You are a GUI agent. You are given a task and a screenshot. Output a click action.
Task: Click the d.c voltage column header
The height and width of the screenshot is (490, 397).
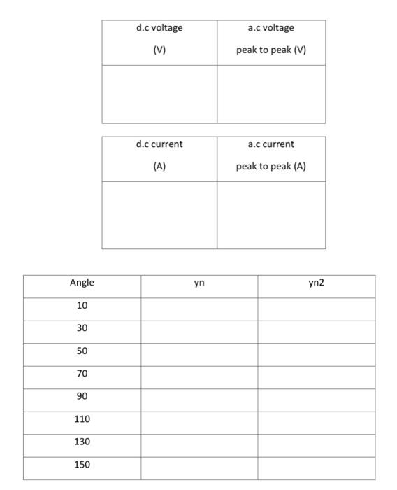click(x=159, y=28)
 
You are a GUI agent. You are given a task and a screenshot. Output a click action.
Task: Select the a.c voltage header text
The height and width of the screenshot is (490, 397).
click(x=271, y=28)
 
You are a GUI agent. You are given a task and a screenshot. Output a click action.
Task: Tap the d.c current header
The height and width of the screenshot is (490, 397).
click(x=159, y=144)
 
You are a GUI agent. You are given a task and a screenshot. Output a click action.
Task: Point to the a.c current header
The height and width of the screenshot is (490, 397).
click(x=271, y=144)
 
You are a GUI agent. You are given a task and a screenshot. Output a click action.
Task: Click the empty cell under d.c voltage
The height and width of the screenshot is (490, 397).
click(x=159, y=94)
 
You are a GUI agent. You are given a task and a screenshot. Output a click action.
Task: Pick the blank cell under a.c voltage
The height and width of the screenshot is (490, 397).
click(x=271, y=94)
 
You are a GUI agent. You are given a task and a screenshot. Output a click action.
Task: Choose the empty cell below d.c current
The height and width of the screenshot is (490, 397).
click(x=159, y=215)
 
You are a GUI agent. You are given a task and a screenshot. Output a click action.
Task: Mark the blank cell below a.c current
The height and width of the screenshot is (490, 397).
click(x=271, y=215)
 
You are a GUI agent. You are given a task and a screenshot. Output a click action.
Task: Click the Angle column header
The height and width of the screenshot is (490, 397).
click(x=82, y=283)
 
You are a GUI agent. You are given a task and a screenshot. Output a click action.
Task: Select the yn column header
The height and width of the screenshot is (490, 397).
click(x=199, y=283)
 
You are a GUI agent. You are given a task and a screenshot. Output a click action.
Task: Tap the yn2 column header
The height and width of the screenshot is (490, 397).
click(x=317, y=283)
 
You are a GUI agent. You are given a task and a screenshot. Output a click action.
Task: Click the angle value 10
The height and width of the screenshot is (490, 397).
click(x=82, y=306)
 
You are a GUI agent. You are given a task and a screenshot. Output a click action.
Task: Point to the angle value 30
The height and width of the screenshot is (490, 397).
click(x=82, y=328)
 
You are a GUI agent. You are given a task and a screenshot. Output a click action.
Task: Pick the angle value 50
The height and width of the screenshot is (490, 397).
click(x=82, y=351)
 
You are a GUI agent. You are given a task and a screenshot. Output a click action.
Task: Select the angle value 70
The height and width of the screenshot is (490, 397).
click(x=82, y=374)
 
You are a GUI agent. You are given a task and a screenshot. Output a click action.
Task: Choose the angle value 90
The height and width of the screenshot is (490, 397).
click(x=82, y=396)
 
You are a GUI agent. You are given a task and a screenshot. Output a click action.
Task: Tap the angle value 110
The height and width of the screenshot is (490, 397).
click(x=82, y=419)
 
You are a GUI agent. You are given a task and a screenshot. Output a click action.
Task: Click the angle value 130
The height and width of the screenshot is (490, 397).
click(x=82, y=442)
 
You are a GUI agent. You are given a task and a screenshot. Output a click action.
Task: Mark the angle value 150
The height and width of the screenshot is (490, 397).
click(x=82, y=465)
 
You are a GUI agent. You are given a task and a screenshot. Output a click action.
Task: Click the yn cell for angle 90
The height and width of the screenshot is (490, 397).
click(x=199, y=396)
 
